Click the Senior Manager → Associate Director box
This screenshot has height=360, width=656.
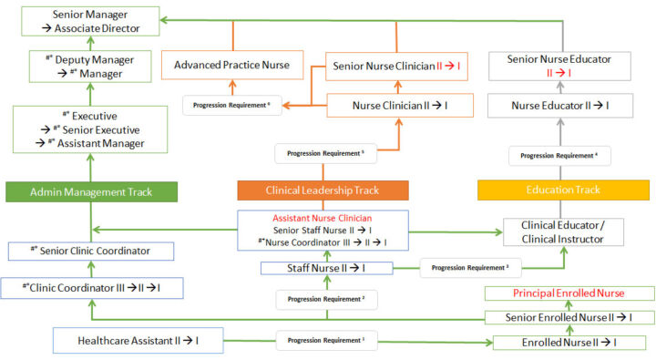click(x=90, y=22)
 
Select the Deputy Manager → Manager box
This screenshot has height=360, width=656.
click(x=90, y=67)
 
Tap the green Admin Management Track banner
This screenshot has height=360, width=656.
click(x=90, y=191)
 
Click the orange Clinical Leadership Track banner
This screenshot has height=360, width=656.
click(x=323, y=190)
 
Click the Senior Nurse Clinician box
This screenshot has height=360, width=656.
click(x=397, y=66)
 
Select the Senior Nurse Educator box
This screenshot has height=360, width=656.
click(x=559, y=66)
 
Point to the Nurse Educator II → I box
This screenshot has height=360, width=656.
click(x=559, y=107)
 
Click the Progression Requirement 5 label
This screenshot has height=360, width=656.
click(x=324, y=153)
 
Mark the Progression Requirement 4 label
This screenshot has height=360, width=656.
click(x=559, y=156)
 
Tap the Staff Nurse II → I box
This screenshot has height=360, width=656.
click(x=326, y=268)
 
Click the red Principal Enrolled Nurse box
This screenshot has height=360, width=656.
click(x=569, y=293)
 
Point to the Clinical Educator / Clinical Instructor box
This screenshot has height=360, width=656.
click(x=567, y=231)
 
